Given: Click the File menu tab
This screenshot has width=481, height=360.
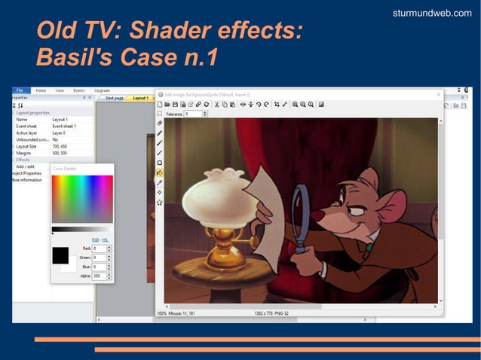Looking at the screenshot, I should click(x=20, y=90).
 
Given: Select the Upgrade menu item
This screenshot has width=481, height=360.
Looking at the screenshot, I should click(x=102, y=90).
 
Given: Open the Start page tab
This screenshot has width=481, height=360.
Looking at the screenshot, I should click(x=114, y=98).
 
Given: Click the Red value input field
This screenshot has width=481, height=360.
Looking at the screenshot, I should click(x=99, y=249).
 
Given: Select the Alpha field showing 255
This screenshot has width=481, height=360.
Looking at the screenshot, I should click(x=99, y=276).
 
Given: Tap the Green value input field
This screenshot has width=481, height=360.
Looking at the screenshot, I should click(x=99, y=258).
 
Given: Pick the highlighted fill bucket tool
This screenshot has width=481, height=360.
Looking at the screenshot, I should click(x=160, y=172).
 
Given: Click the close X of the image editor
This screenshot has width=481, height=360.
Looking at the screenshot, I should click(x=439, y=95).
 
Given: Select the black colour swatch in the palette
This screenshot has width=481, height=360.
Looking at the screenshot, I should click(x=60, y=255).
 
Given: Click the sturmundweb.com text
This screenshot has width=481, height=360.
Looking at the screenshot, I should click(x=432, y=13).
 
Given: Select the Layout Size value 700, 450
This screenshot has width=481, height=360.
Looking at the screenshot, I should click(x=61, y=146).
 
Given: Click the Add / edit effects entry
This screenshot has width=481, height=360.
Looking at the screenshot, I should click(x=25, y=166).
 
